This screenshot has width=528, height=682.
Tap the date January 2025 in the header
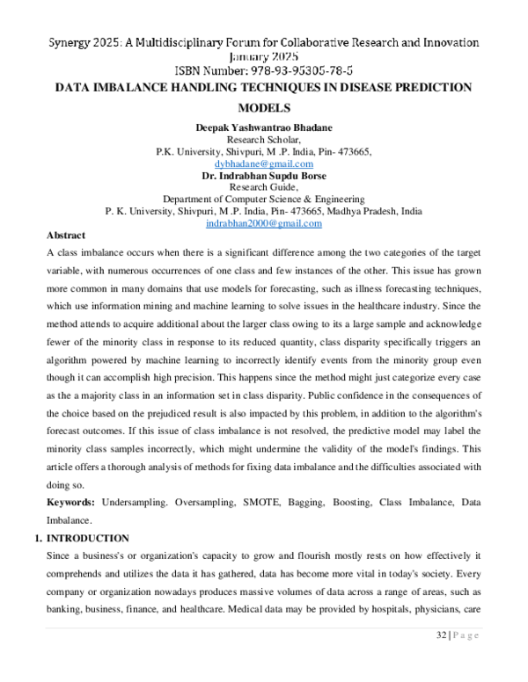(x=264, y=56)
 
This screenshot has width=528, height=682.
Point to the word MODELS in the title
(x=264, y=108)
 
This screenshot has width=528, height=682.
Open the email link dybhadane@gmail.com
(x=264, y=163)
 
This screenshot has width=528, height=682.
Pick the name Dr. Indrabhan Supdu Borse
(x=264, y=175)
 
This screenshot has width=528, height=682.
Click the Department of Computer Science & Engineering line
(x=264, y=200)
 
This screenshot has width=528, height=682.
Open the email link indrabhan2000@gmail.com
(x=264, y=224)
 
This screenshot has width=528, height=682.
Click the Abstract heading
(x=66, y=236)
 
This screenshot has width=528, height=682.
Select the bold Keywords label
(x=70, y=501)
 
